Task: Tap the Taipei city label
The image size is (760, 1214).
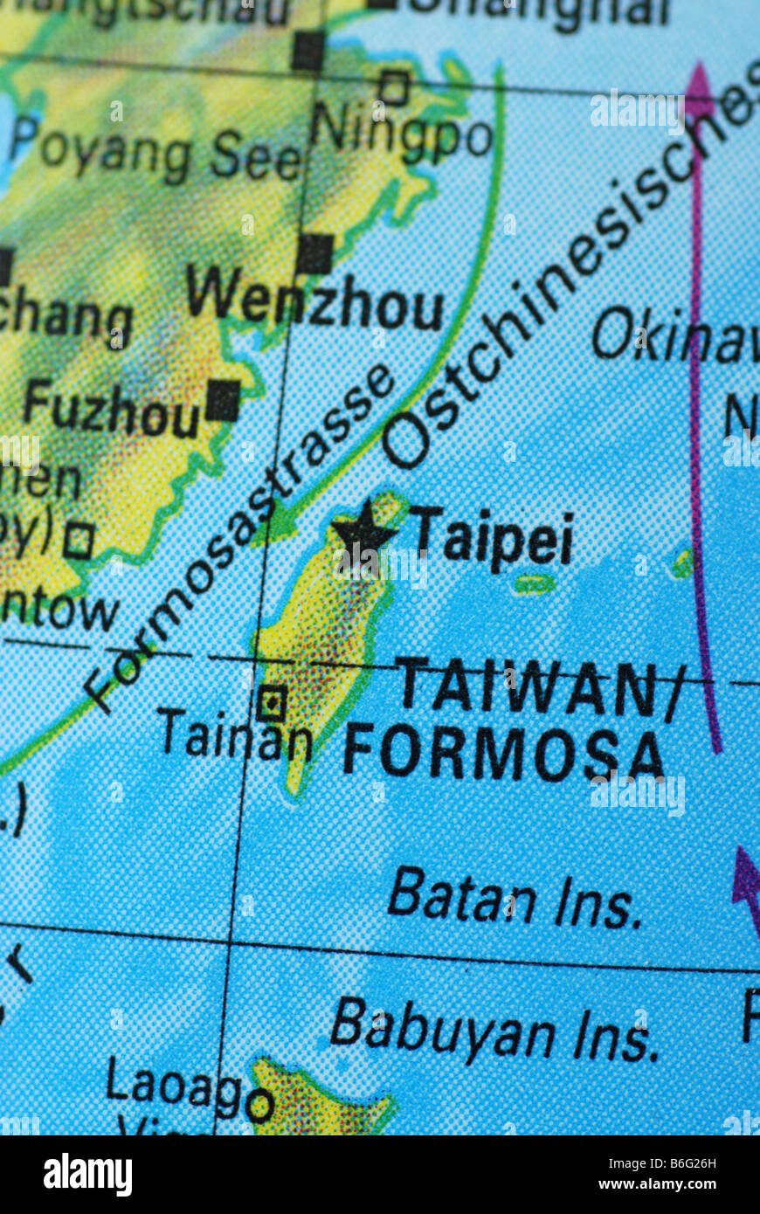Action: point(494,537)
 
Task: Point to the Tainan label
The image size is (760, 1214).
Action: point(234,736)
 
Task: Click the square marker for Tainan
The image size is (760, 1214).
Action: point(272,701)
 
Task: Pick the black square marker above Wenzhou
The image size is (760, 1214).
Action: point(314,253)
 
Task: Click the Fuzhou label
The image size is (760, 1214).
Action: point(112,410)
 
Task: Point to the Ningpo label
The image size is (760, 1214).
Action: point(401,131)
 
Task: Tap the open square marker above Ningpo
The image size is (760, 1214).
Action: point(394,87)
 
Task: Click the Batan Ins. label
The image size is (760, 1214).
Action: point(515,900)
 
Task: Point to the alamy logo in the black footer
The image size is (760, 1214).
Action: point(87,1174)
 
